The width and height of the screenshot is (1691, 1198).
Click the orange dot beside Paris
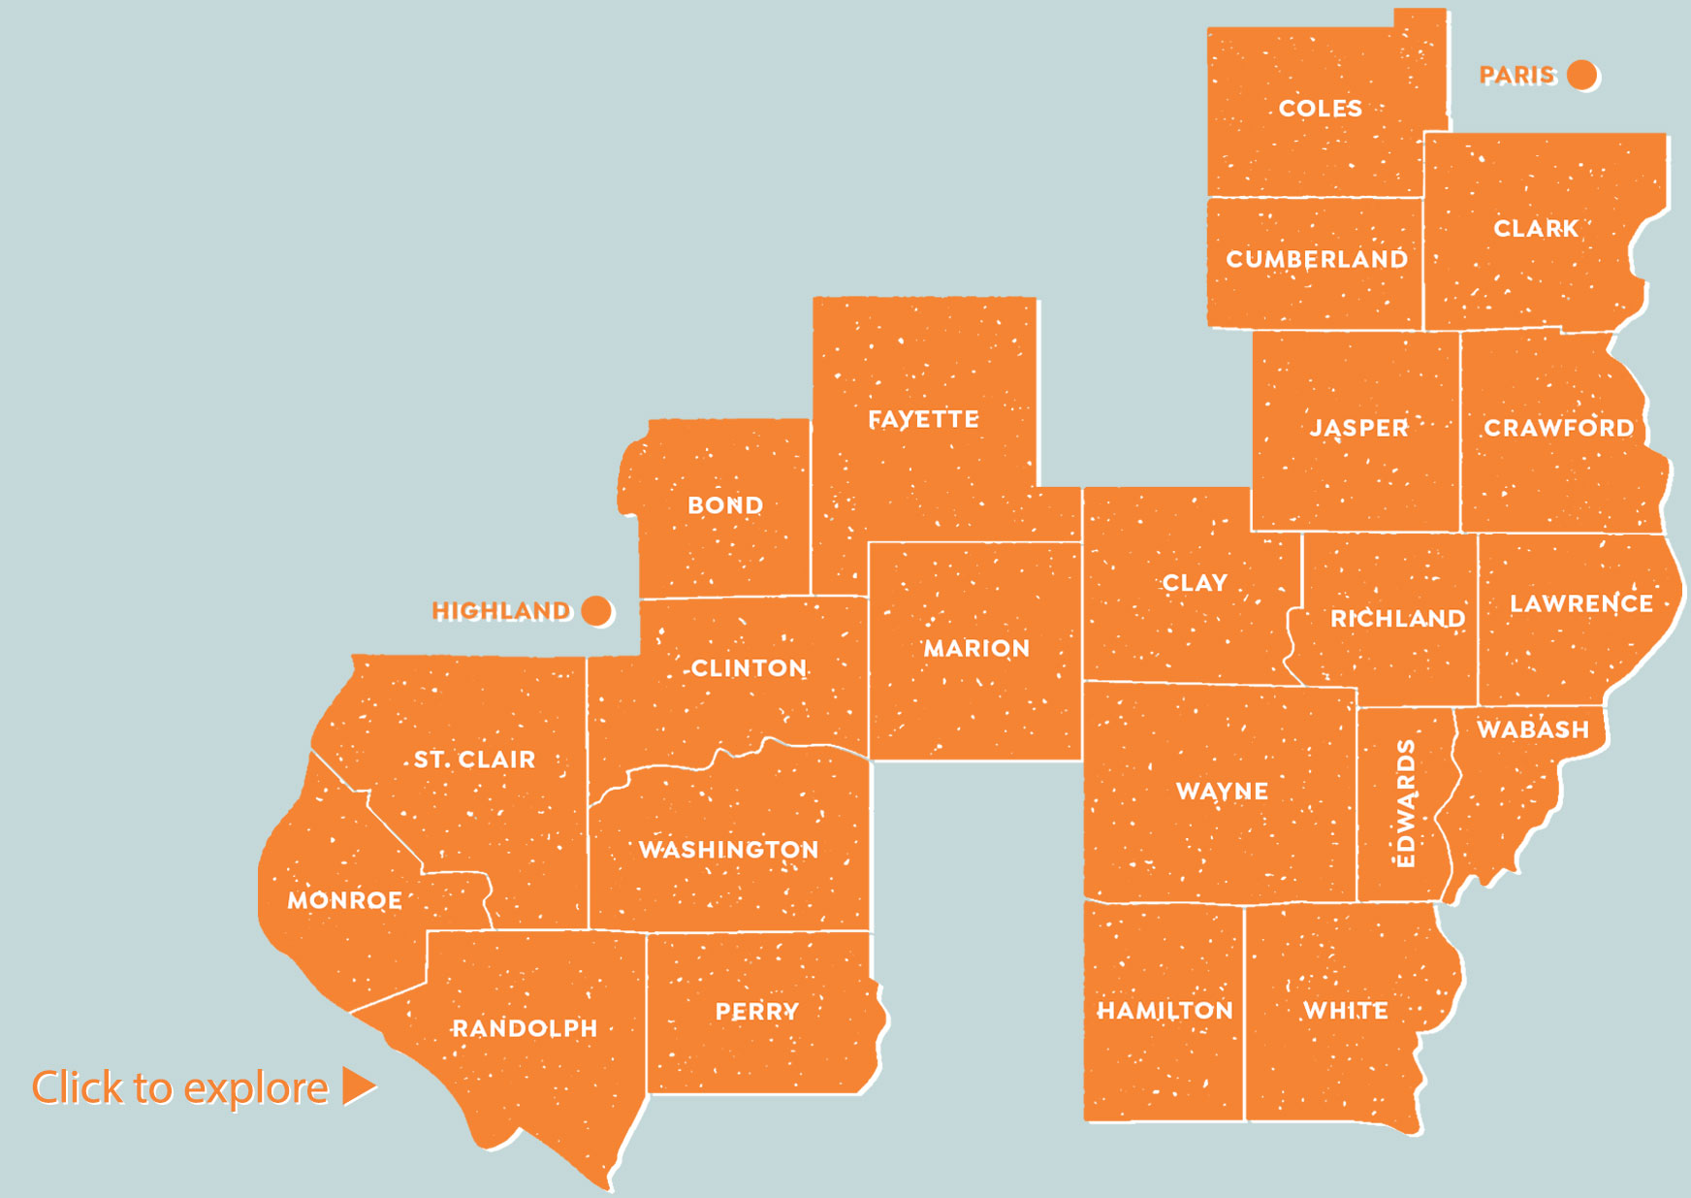pos(1581,75)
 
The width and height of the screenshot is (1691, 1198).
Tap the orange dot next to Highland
pos(596,611)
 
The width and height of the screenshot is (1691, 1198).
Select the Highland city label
pos(501,611)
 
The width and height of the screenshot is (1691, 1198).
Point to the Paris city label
pos(1516,75)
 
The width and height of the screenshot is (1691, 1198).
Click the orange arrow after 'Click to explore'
pos(358,1086)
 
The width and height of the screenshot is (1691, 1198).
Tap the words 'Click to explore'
pos(180,1087)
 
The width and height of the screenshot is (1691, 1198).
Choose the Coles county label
pos(1320,109)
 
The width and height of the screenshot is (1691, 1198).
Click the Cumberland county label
pos(1317,259)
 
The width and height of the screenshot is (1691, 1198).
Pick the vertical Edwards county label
pos(1405,803)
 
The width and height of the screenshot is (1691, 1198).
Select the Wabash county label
pos(1533,729)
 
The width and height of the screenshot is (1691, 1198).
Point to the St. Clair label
pos(474,760)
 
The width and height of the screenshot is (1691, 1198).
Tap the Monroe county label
pos(344,900)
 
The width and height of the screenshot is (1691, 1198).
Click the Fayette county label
pos(923,419)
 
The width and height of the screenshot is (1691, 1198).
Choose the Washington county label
pos(728,850)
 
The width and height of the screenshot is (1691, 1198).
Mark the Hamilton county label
pos(1165,1011)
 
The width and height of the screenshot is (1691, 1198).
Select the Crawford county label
pos(1558,428)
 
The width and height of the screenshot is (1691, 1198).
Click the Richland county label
pos(1397,618)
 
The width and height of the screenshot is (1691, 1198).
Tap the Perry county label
pos(756,1012)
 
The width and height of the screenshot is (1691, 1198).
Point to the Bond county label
pos(725,505)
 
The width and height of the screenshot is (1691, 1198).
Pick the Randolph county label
pos(525,1028)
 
